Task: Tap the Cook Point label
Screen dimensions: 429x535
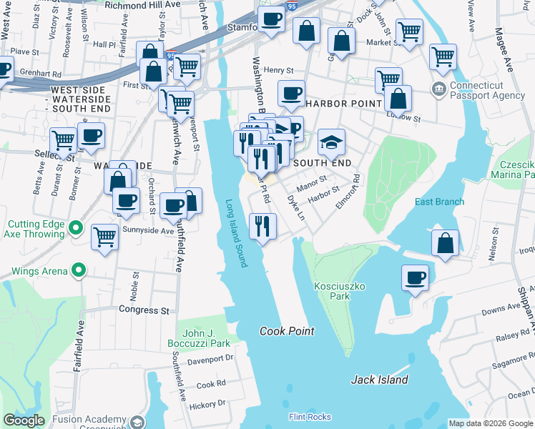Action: pos(287,331)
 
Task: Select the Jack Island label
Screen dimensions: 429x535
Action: pos(379,380)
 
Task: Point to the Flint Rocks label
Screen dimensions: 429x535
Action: pos(310,417)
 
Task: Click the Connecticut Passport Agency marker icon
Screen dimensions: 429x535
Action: pos(438,89)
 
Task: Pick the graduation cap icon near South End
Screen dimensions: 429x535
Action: pos(331,142)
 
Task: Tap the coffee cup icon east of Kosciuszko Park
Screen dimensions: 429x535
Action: pos(415,277)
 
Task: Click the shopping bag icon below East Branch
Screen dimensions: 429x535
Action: pos(446,243)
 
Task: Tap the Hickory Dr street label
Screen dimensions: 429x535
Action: pos(207,404)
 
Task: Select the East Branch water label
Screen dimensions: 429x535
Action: pos(439,202)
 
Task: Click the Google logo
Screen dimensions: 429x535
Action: pos(24,420)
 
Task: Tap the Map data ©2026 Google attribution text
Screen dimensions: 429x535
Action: pos(491,423)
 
